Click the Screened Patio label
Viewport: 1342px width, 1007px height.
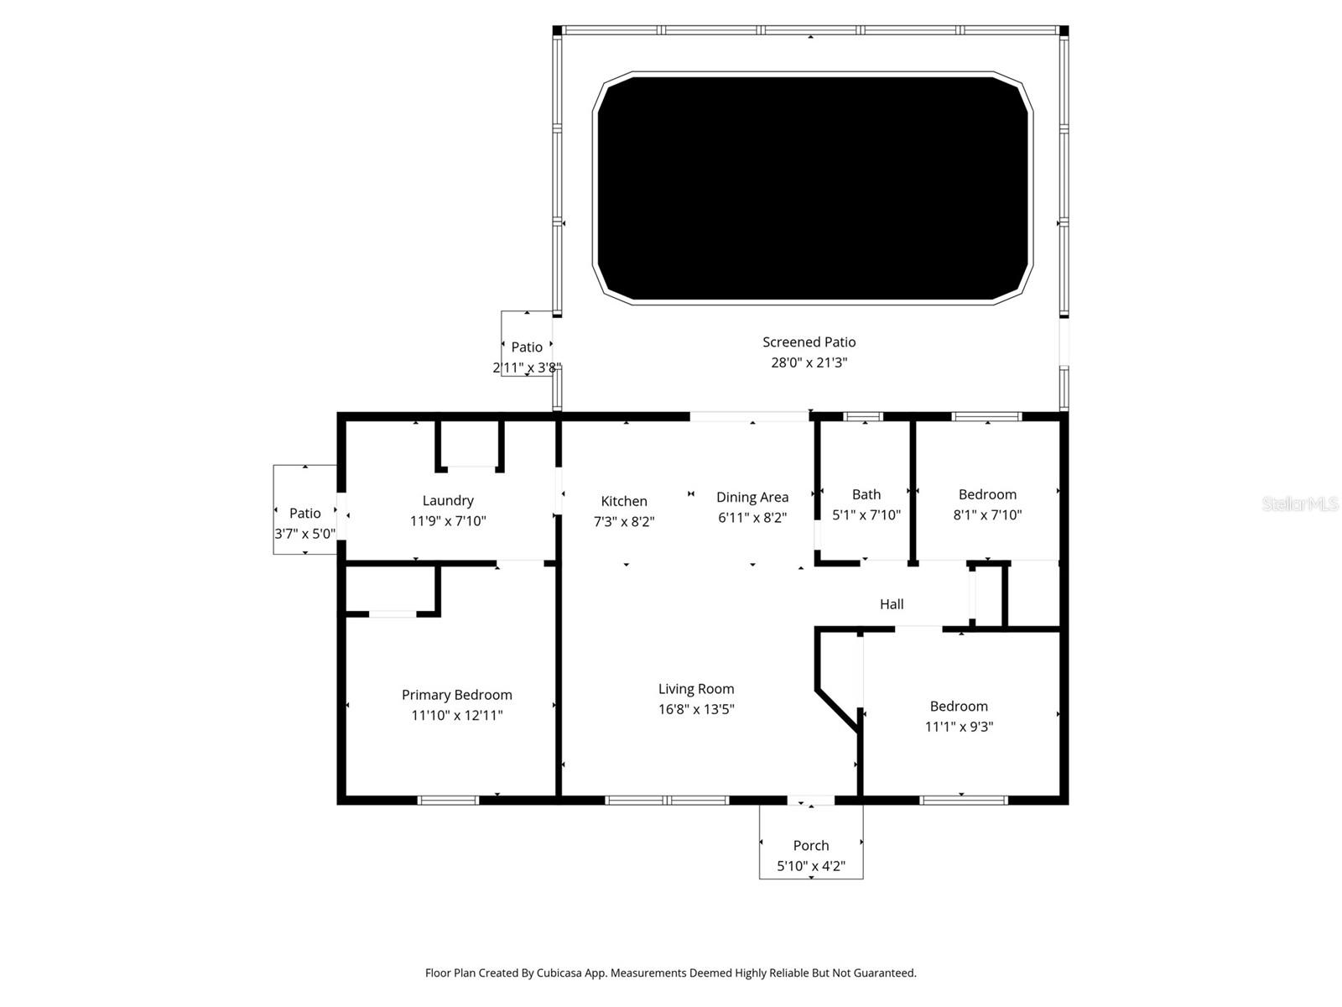tap(809, 342)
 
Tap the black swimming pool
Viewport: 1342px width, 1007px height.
tap(812, 187)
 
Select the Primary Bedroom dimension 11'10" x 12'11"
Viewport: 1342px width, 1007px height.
tap(456, 716)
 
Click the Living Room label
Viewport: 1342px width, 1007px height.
tap(695, 689)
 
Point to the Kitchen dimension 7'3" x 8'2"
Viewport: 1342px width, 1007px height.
tap(623, 521)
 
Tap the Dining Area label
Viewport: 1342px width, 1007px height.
tap(752, 497)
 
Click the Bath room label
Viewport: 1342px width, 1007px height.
tap(866, 494)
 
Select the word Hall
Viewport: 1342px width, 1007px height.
tap(891, 604)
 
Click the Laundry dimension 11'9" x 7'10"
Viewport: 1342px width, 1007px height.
tap(447, 521)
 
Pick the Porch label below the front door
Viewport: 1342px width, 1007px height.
tap(810, 845)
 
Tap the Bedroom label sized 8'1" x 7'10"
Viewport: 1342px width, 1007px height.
tap(986, 494)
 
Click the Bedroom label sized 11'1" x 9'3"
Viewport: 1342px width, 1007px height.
tap(958, 706)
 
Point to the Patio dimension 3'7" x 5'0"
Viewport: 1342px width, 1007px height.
tap(304, 534)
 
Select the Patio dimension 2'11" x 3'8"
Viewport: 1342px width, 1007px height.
tap(526, 368)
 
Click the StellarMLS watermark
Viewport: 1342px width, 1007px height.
tap(1299, 504)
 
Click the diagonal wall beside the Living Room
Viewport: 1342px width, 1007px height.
tap(836, 712)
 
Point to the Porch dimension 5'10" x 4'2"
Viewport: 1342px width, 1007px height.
tap(810, 866)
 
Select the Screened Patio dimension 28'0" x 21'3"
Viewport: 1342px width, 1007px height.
tap(809, 363)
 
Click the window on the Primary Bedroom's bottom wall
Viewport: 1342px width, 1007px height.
tap(448, 801)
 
